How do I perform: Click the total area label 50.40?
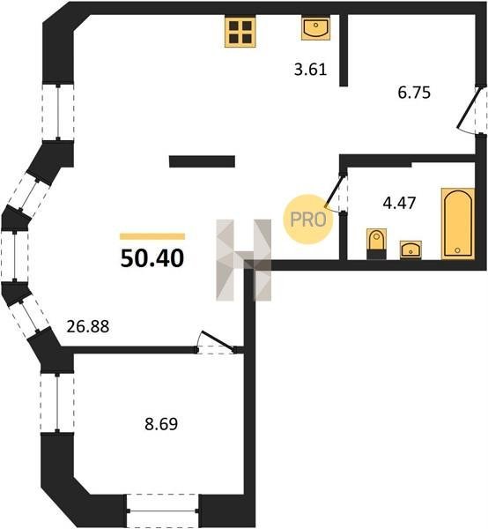pyautogui.click(x=152, y=258)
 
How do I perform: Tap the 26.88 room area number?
pyautogui.click(x=88, y=326)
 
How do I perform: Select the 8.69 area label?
pyautogui.click(x=161, y=424)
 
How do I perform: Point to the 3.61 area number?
pyautogui.click(x=310, y=70)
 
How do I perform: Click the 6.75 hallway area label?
pyautogui.click(x=414, y=93)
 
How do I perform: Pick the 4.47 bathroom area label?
pyautogui.click(x=399, y=203)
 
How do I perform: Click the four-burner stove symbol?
pyautogui.click(x=240, y=32)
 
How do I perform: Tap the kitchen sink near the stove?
pyautogui.click(x=315, y=29)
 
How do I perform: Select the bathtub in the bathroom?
pyautogui.click(x=458, y=224)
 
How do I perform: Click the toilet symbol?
pyautogui.click(x=376, y=243)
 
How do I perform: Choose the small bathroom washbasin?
pyautogui.click(x=410, y=250)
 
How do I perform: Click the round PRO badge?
pyautogui.click(x=308, y=220)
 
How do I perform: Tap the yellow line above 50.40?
pyautogui.click(x=152, y=236)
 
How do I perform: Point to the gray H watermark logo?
pyautogui.click(x=244, y=260)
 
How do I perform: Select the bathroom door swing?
pyautogui.click(x=336, y=192)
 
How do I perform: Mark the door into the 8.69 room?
pyautogui.click(x=217, y=343)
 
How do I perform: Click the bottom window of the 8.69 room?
pyautogui.click(x=163, y=510)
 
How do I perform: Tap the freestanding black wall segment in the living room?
pyautogui.click(x=202, y=161)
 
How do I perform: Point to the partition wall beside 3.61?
pyautogui.click(x=344, y=50)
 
